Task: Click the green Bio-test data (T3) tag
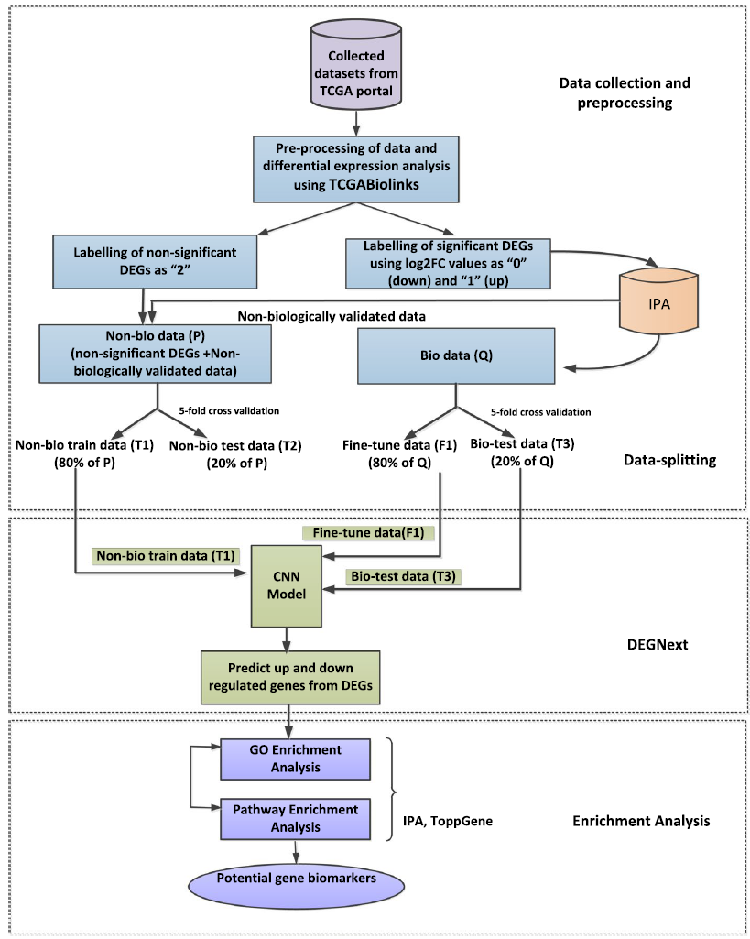(x=403, y=576)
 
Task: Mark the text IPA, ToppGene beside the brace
(x=448, y=822)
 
